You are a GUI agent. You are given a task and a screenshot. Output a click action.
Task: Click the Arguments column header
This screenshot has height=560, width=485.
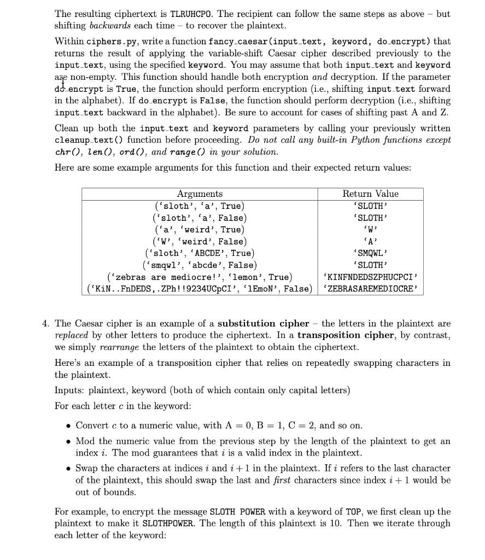[x=200, y=194]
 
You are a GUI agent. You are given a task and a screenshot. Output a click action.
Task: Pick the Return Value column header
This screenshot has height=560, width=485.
[x=370, y=194]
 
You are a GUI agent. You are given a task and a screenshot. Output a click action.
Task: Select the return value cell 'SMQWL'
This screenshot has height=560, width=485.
[x=370, y=253]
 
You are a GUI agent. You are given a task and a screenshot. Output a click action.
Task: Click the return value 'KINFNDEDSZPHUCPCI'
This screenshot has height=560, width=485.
[x=370, y=277]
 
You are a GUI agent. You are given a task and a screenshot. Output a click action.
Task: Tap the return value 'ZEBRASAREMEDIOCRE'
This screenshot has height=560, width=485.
[x=370, y=289]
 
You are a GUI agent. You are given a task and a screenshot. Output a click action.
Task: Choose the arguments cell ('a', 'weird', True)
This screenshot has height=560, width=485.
[x=200, y=229]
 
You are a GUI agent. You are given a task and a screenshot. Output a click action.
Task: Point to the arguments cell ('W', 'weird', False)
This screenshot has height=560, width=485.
[x=200, y=241]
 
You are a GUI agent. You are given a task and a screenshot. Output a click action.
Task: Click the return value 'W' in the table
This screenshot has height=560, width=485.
[x=370, y=229]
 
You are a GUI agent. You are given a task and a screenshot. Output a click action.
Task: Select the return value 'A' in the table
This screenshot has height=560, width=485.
[x=370, y=241]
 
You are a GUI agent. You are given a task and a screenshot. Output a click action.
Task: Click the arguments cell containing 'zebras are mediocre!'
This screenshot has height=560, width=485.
[x=200, y=277]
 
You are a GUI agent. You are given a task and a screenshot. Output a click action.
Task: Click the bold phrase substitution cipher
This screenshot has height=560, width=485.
[x=263, y=323]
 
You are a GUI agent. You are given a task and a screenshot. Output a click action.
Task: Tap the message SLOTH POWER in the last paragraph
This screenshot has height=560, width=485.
[x=237, y=512]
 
